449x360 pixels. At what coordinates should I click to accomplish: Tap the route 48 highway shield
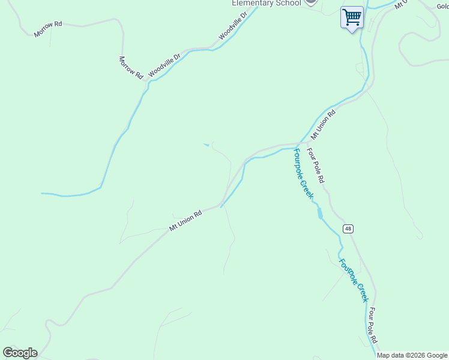point(348,229)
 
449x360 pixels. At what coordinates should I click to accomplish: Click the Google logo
point(20,353)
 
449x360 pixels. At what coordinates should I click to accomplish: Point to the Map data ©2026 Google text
point(412,355)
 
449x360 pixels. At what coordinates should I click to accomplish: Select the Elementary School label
point(267,3)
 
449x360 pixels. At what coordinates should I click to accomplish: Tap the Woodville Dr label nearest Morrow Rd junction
point(164,65)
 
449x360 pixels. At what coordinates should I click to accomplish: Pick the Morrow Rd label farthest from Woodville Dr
point(48,29)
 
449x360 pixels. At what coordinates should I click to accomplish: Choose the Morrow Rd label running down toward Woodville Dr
point(130,68)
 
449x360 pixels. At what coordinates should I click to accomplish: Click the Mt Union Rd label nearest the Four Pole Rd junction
point(323,122)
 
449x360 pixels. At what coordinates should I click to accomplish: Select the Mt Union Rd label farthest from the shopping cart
point(185,220)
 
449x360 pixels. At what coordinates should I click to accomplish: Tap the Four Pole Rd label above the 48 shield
point(316,165)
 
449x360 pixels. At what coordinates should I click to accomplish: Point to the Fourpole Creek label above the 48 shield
point(303,175)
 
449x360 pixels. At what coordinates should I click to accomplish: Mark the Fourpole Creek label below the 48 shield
point(353,280)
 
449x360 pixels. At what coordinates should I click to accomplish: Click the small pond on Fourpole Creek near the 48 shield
point(320,212)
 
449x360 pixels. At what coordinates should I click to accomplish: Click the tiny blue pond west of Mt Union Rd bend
point(207,144)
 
